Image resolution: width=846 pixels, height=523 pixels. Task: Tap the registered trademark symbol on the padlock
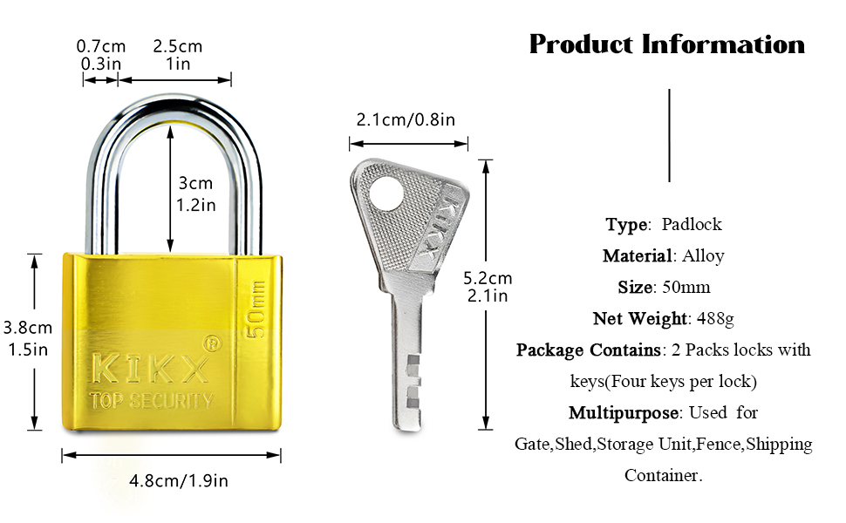(x=210, y=343)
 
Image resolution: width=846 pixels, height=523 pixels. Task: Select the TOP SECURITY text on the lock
(x=151, y=401)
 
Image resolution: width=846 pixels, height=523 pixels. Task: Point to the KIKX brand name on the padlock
(x=150, y=369)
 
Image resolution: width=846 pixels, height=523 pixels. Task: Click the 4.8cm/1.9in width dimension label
(x=178, y=479)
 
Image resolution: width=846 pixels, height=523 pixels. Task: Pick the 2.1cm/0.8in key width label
(x=406, y=119)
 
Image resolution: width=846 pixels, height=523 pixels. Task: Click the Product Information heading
(x=667, y=44)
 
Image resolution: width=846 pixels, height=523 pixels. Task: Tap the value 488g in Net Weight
(x=713, y=318)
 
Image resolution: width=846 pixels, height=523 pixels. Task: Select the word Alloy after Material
(x=703, y=255)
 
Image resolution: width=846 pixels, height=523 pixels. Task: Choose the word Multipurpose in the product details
(x=624, y=412)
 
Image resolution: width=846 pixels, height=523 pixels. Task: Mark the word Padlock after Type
(x=692, y=224)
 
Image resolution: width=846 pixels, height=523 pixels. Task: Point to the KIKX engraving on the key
(x=438, y=227)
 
